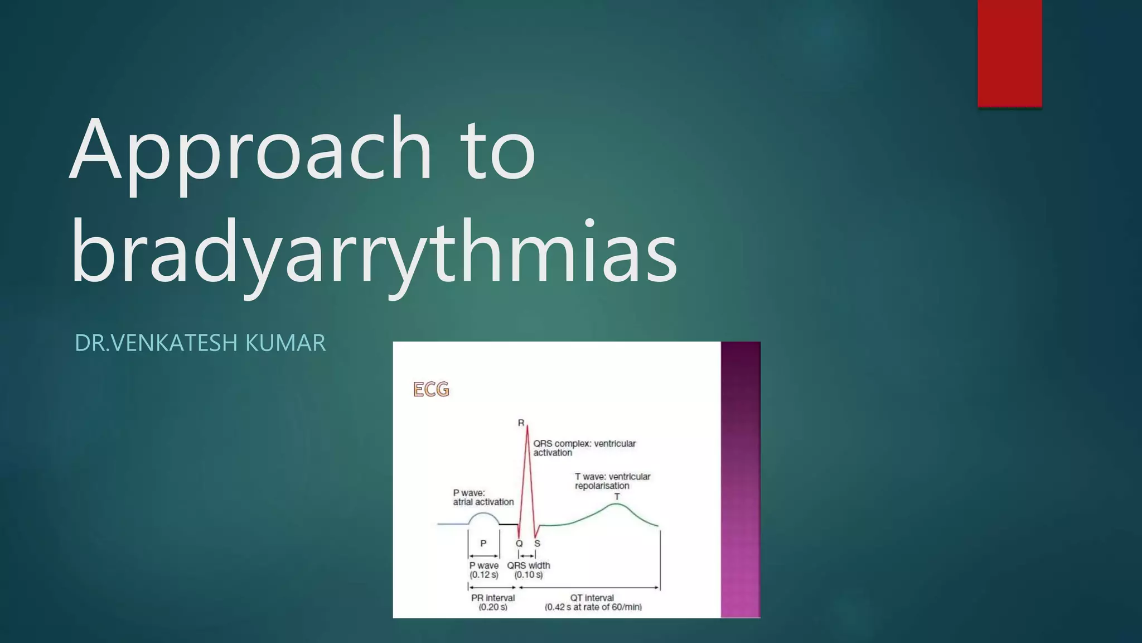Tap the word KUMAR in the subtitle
click(285, 343)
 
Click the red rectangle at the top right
click(1009, 53)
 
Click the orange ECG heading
click(431, 389)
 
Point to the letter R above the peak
click(521, 423)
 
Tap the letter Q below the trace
click(519, 543)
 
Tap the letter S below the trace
click(537, 543)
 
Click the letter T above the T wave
click(617, 497)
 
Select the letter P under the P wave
click(483, 543)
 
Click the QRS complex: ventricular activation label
click(584, 448)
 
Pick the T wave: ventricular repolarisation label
click(612, 481)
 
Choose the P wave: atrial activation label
click(483, 497)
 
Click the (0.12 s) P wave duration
click(483, 575)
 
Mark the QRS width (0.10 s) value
click(528, 575)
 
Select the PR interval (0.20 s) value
click(493, 607)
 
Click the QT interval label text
click(592, 598)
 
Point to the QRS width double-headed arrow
click(527, 555)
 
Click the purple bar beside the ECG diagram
click(741, 479)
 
